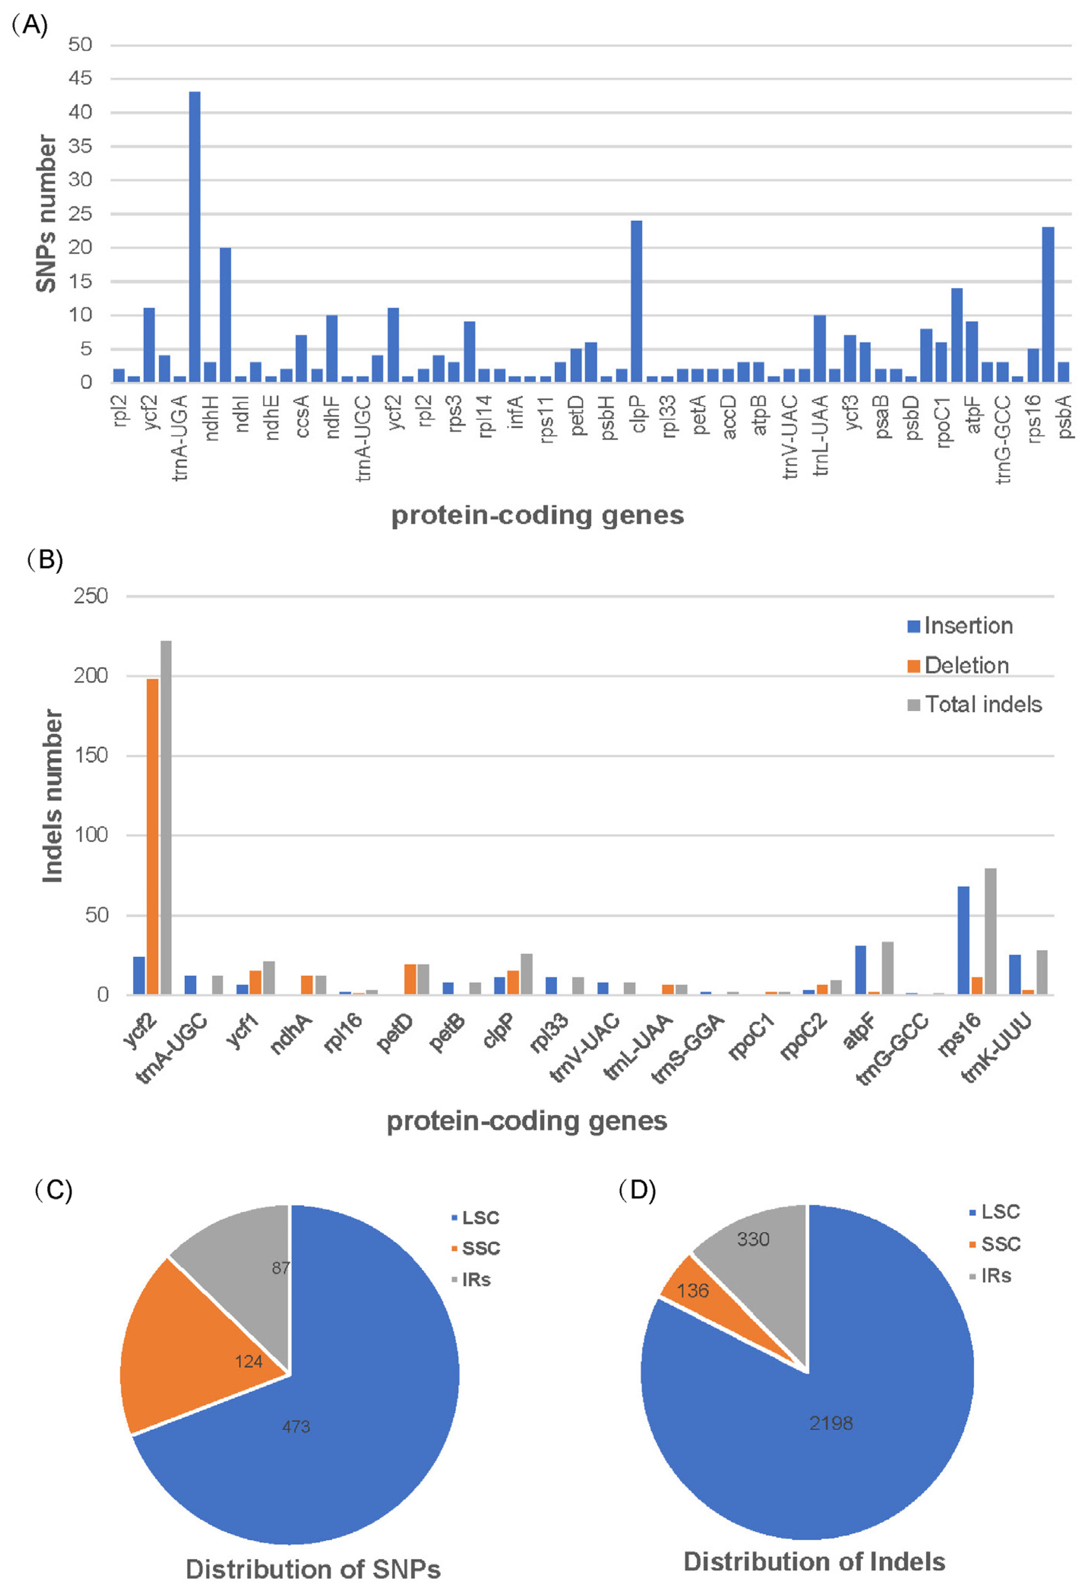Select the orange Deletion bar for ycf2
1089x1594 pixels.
[152, 836]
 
